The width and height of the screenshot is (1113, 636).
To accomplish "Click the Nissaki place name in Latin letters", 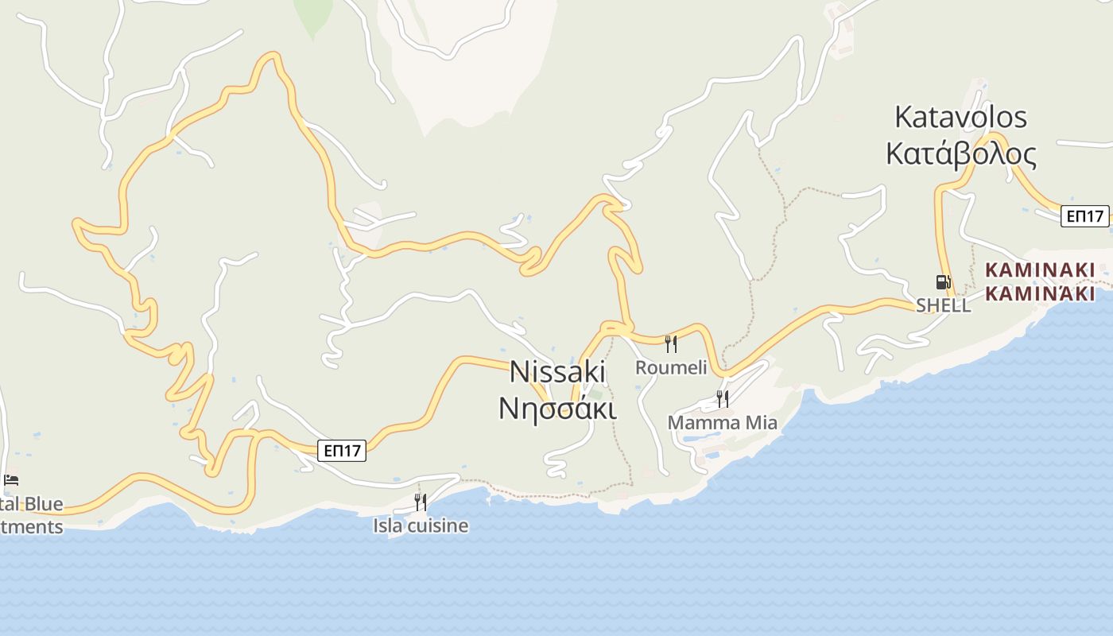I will point(557,371).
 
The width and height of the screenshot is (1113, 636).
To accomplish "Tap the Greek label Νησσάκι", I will point(557,407).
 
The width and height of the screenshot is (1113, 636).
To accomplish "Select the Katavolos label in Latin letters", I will point(960,117).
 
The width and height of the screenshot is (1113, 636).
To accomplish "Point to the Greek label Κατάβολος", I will point(960,153).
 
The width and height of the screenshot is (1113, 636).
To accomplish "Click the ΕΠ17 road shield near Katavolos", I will point(1085,215).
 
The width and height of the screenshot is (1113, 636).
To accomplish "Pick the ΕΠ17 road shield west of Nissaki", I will point(343,451).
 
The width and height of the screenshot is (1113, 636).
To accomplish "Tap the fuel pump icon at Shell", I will point(943,281).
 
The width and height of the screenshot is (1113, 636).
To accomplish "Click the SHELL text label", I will point(943,305).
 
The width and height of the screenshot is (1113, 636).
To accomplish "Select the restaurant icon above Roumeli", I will point(671,343).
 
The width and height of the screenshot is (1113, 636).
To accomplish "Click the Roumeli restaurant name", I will point(671,367).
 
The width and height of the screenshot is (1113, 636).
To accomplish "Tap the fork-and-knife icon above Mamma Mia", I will point(722,398).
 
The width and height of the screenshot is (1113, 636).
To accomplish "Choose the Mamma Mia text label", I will point(722,422).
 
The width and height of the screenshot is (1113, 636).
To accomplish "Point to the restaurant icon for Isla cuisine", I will point(421,502).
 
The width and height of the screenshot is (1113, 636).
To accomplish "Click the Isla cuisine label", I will point(421,525).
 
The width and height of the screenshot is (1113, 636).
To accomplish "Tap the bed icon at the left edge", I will point(11,479).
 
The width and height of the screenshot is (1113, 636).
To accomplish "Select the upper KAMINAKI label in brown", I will point(1039,270).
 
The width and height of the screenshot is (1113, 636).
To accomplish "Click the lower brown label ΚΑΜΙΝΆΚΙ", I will point(1039,293).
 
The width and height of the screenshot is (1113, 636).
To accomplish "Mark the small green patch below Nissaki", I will point(595,394).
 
